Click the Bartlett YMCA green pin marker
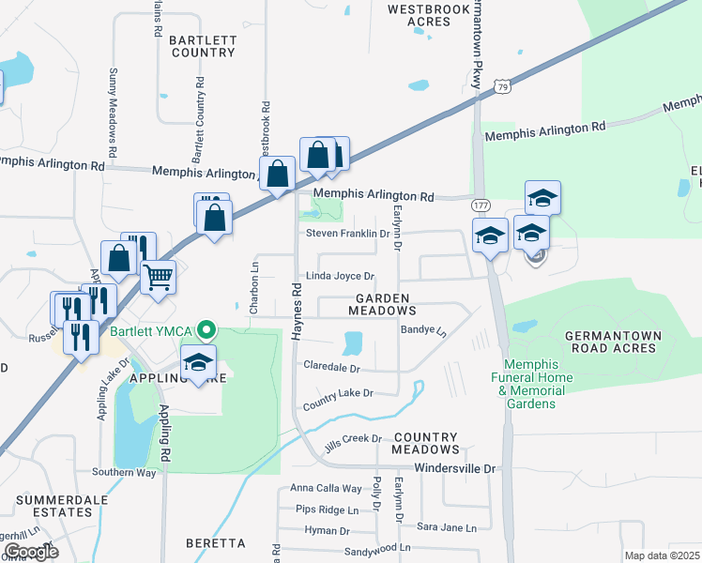pos(209,329)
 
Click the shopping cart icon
pos(158,276)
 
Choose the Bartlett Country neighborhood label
pos(202,46)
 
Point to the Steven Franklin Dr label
pos(346,233)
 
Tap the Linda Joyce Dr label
pos(339,277)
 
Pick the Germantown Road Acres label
pos(614,342)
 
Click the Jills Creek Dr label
pos(353,439)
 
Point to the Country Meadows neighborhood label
pos(425,444)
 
